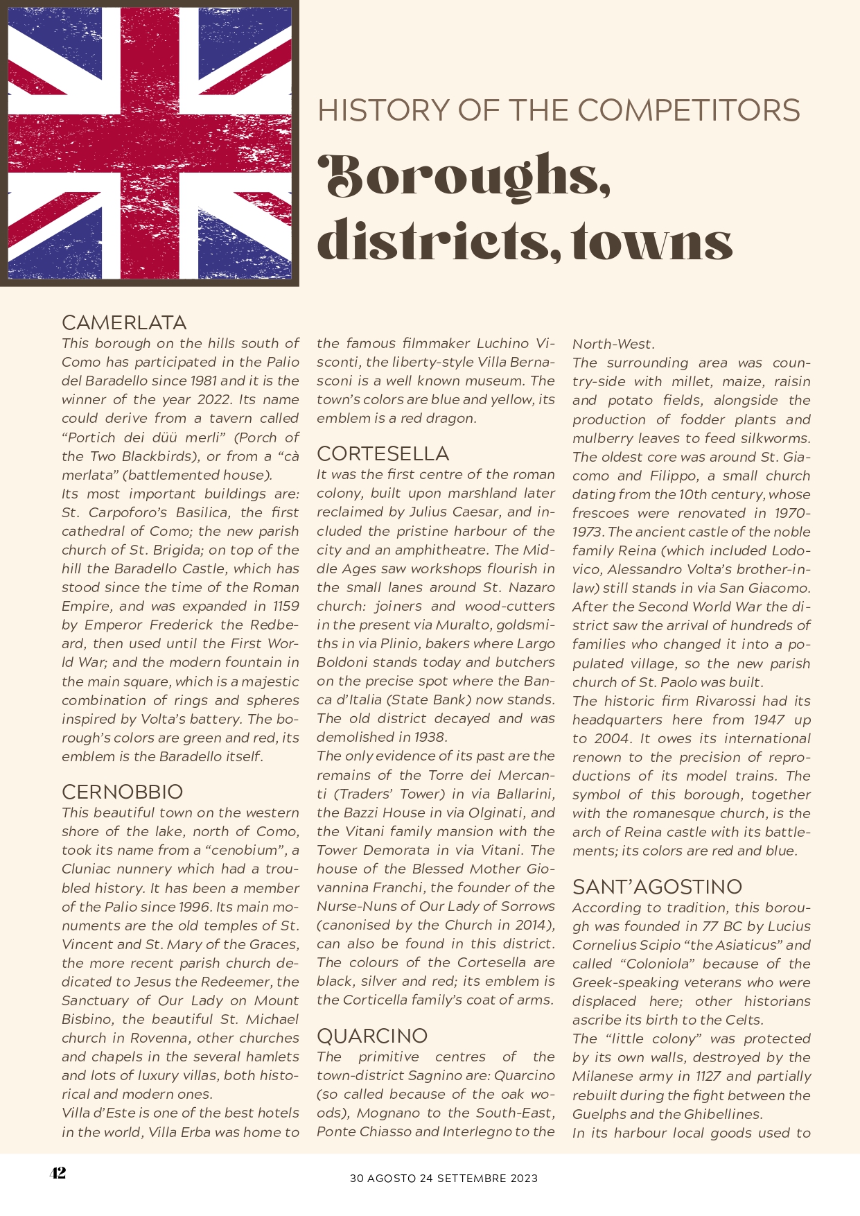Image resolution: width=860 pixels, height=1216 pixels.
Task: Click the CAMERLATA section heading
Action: [x=124, y=322]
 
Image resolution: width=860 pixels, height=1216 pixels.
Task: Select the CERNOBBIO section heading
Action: [x=122, y=792]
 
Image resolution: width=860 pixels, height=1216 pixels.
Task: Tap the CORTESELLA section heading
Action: [x=383, y=453]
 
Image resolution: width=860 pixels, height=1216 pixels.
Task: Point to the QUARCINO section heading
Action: [x=372, y=1036]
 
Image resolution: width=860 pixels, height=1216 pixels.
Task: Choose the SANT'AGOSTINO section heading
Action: [x=657, y=887]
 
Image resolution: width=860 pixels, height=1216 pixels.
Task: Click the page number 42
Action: [x=58, y=1172]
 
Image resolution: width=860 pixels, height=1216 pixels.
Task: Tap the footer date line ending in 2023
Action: [x=444, y=1178]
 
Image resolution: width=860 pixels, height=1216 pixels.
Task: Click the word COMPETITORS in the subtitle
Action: [x=689, y=111]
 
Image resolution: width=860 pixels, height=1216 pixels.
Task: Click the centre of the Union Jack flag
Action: [x=150, y=143]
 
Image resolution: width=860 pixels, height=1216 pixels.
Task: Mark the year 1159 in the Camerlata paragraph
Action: [x=286, y=606]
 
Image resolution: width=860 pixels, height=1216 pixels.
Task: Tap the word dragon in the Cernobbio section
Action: [x=452, y=418]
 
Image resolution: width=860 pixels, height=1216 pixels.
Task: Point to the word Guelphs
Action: [x=600, y=1114]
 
